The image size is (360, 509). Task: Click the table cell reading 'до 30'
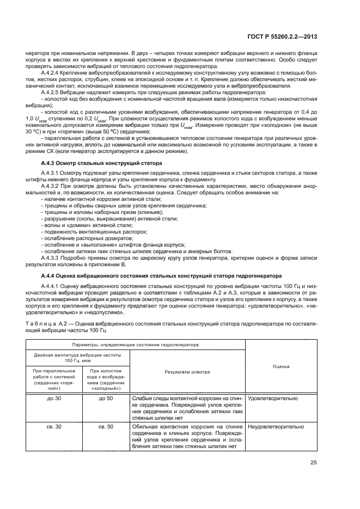(x=54, y=398)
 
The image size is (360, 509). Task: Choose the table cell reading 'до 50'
(x=106, y=398)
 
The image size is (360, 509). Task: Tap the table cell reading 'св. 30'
(x=54, y=427)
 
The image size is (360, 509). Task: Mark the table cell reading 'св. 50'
(x=106, y=427)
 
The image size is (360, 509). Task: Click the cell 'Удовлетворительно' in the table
(x=273, y=398)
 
